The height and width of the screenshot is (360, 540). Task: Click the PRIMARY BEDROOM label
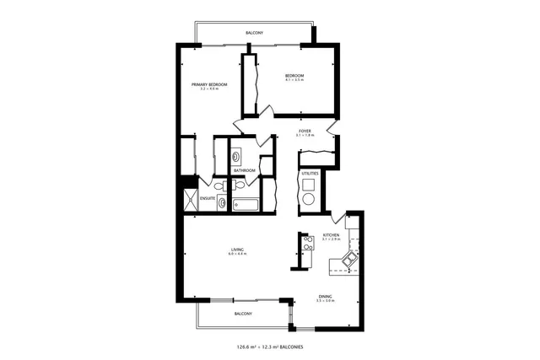point(209,84)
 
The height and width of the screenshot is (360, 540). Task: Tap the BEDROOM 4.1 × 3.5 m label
point(294,77)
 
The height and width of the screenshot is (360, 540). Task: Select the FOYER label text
point(304,131)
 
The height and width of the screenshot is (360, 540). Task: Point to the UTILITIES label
point(310,174)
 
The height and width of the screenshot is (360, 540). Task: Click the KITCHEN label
point(331,235)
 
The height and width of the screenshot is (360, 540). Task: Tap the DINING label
point(325,296)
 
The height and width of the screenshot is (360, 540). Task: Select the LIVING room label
point(237,249)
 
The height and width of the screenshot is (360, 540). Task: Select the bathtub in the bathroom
point(248,203)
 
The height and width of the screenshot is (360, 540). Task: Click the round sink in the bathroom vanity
point(235,156)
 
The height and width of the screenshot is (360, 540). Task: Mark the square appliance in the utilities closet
point(309,184)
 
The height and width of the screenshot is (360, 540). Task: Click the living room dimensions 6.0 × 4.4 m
point(237,254)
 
